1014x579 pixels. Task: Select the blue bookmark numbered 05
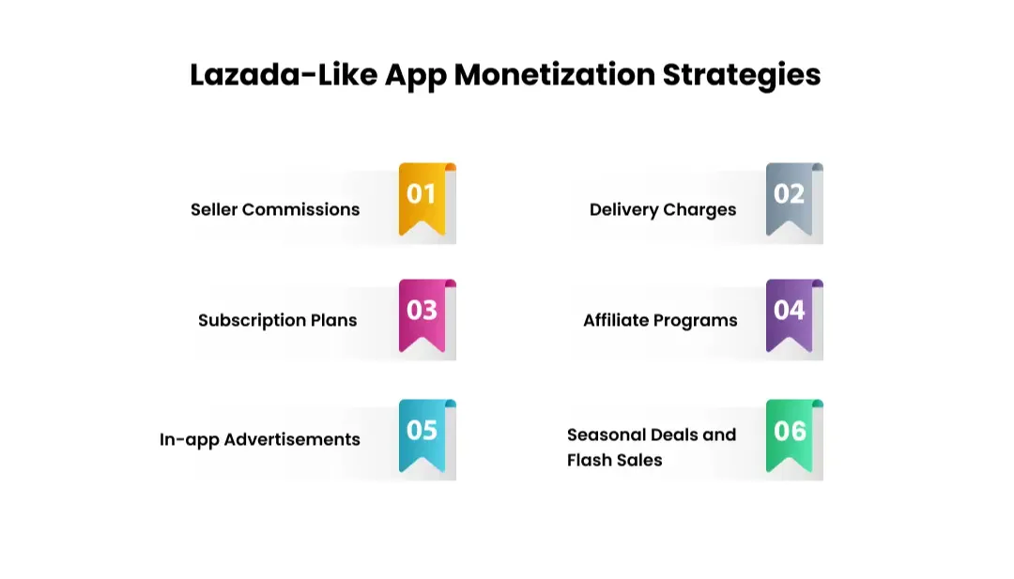click(422, 434)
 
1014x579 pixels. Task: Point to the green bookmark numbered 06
click(789, 434)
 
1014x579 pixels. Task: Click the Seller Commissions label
click(275, 209)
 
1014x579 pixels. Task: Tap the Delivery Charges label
click(663, 209)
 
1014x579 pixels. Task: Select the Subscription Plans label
click(277, 320)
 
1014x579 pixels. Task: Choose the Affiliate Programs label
click(660, 320)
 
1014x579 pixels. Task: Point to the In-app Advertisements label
click(260, 439)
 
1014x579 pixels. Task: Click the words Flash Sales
click(614, 460)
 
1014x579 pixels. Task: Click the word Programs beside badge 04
click(696, 320)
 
